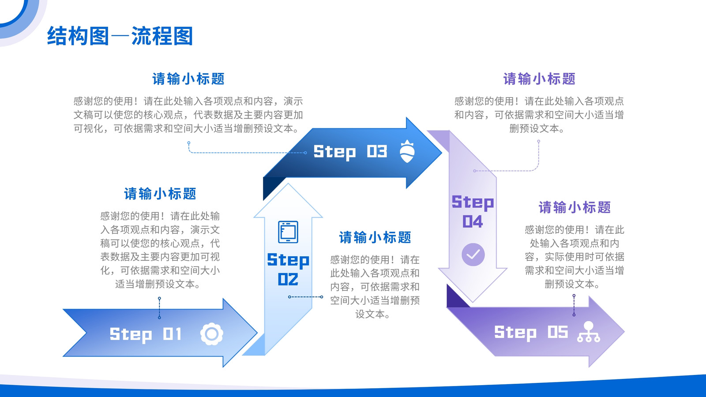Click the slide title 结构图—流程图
pyautogui.click(x=120, y=36)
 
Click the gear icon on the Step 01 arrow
pyautogui.click(x=211, y=334)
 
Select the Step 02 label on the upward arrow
pyautogui.click(x=288, y=269)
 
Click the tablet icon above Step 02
pyautogui.click(x=288, y=232)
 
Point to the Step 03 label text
pyautogui.click(x=350, y=152)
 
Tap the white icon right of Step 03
pyautogui.click(x=407, y=151)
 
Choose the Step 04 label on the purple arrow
pyautogui.click(x=473, y=211)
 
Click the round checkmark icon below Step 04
pyautogui.click(x=473, y=254)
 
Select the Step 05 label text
pyautogui.click(x=531, y=333)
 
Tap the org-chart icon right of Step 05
pyautogui.click(x=589, y=332)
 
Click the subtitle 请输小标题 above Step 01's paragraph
pyautogui.click(x=160, y=194)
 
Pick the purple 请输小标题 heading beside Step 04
pyautogui.click(x=575, y=207)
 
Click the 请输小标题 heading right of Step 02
pyautogui.click(x=375, y=237)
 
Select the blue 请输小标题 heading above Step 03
pyautogui.click(x=188, y=79)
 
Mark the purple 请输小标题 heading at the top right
pyautogui.click(x=539, y=79)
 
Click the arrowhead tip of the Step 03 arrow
pyautogui.click(x=442, y=153)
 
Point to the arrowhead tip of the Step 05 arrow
pyautogui.click(x=624, y=331)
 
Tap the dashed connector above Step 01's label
pyautogui.click(x=159, y=308)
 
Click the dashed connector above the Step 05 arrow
pyautogui.click(x=574, y=305)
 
